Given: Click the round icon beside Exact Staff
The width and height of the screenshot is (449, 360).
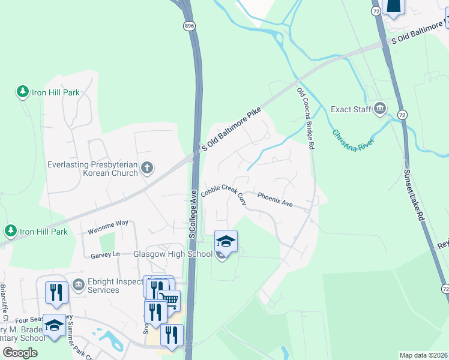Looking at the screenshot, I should tap(380, 109).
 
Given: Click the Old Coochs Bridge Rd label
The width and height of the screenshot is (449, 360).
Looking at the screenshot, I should tap(306, 118).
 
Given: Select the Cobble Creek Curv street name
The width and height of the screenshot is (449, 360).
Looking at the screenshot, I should tap(224, 193).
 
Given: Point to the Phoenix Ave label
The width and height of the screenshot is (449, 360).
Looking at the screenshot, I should tap(275, 200).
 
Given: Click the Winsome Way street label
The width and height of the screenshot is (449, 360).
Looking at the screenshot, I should tap(108, 226).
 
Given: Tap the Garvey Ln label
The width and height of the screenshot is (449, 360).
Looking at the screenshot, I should tap(105, 254).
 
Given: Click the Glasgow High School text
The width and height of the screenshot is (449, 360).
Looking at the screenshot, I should tap(173, 254).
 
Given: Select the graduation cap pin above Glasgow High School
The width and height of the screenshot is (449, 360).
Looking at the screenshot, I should tap(226, 241).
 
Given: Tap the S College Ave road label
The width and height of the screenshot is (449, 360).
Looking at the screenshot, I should tap(193, 215).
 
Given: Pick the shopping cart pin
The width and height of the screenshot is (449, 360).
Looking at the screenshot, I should tap(170, 300).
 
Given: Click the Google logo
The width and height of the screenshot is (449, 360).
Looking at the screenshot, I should tap(20, 353).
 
